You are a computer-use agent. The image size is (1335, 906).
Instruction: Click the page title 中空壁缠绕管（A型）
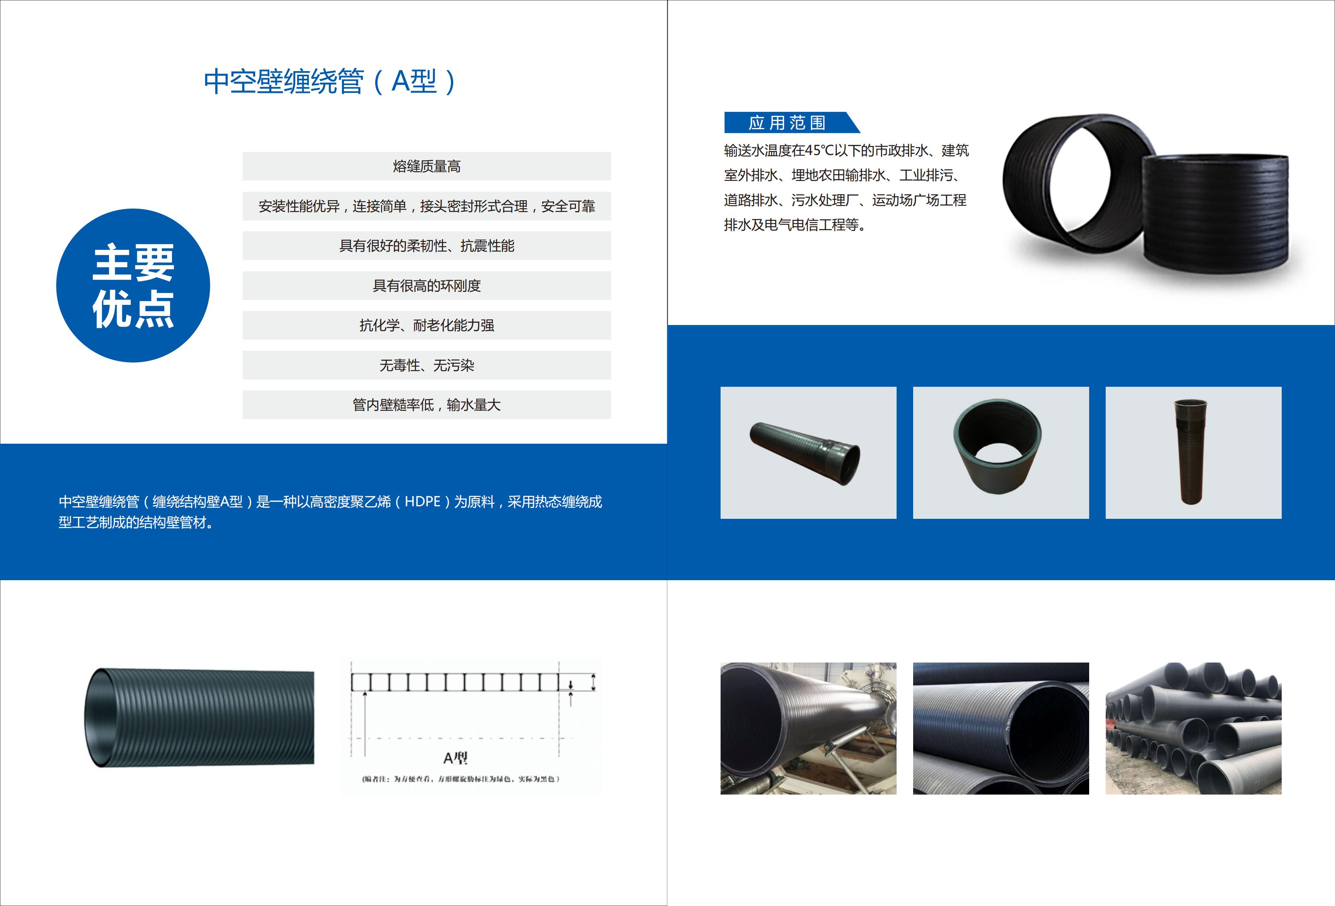(330, 82)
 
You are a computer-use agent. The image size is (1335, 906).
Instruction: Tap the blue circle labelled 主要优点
(133, 285)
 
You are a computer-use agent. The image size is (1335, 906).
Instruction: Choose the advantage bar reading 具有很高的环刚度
(426, 285)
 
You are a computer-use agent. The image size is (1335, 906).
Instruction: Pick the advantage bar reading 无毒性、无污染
(426, 365)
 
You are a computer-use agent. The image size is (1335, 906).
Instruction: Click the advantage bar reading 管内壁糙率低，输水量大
(426, 405)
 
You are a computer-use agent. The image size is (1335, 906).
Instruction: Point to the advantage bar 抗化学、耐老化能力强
(426, 325)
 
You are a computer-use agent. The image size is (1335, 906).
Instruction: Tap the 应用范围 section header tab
(787, 122)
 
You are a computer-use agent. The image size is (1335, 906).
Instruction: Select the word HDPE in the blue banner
(422, 501)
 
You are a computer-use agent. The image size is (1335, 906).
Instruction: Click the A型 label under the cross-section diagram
(455, 758)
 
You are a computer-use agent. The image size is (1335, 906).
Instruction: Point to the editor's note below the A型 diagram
(460, 779)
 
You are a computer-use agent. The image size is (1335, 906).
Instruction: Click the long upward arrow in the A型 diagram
(365, 724)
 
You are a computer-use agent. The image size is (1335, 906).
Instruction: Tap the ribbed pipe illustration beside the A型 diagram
(200, 717)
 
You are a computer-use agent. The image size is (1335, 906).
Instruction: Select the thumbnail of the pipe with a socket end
(808, 453)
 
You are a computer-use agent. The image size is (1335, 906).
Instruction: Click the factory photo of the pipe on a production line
(808, 728)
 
